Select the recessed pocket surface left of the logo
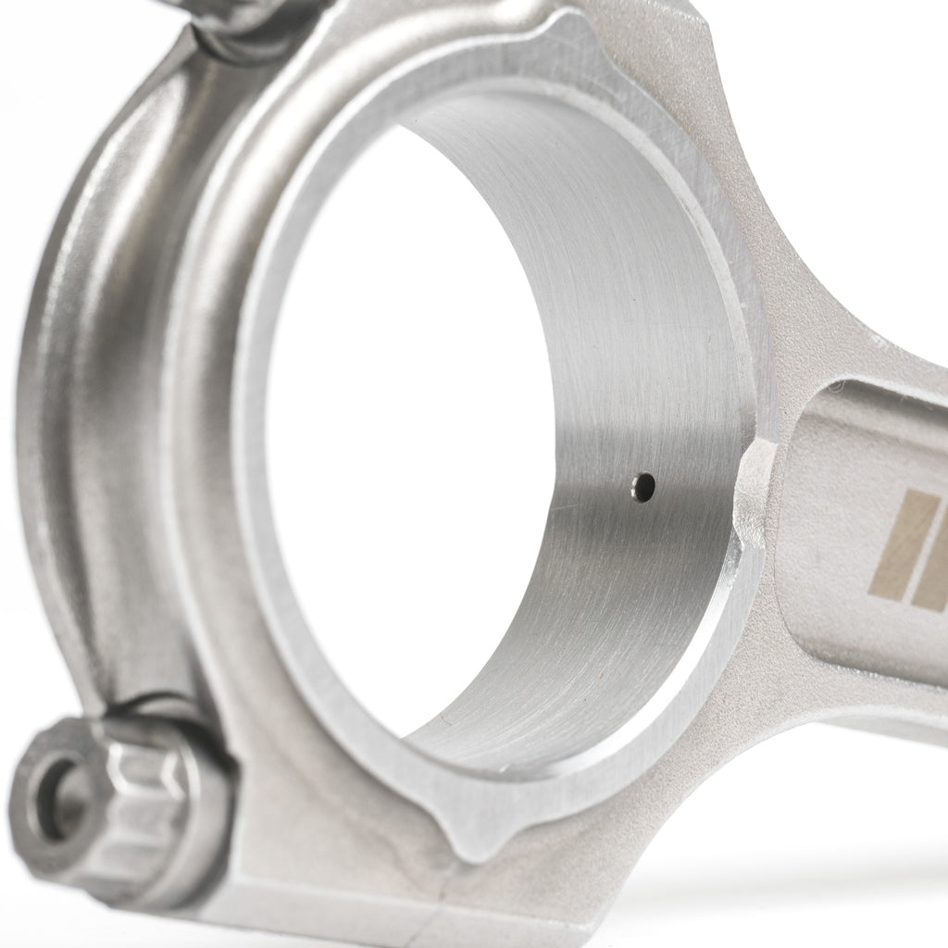click(x=824, y=518)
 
